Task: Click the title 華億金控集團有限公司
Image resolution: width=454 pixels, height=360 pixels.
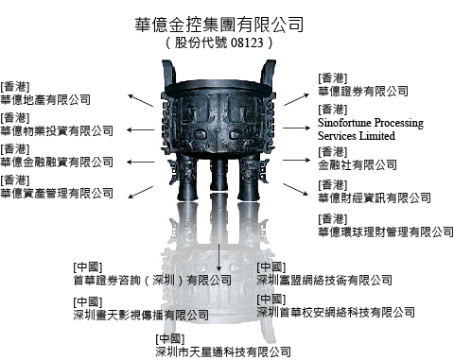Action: click(x=219, y=25)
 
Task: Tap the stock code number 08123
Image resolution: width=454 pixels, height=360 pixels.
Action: click(x=247, y=43)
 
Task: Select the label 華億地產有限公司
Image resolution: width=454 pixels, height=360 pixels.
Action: click(x=45, y=100)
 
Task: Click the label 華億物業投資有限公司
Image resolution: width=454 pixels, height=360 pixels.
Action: click(x=57, y=131)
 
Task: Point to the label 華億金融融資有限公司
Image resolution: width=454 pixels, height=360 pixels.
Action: click(x=57, y=163)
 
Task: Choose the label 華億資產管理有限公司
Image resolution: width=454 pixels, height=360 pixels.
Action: click(x=57, y=194)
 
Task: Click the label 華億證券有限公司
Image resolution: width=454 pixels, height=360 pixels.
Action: click(x=363, y=92)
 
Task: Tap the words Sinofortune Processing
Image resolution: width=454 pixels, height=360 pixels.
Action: click(x=371, y=122)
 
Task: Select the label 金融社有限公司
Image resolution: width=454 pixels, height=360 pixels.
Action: click(x=358, y=164)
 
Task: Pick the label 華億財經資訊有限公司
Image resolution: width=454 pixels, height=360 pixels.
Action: click(x=375, y=197)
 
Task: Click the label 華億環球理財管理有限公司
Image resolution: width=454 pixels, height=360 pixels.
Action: click(x=386, y=232)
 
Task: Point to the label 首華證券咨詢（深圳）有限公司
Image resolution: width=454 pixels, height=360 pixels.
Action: click(x=152, y=280)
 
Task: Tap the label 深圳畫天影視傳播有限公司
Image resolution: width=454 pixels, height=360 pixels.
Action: click(x=141, y=315)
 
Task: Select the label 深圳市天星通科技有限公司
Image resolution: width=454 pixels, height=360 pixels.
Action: click(x=223, y=351)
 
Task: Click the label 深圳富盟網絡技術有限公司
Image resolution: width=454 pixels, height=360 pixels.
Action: click(x=324, y=280)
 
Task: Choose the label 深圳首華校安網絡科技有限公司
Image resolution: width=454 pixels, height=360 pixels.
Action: click(x=336, y=313)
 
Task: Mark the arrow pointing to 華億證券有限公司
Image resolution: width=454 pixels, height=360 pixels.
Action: click(x=296, y=99)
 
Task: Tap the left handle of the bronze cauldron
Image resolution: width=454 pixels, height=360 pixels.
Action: click(x=169, y=74)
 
